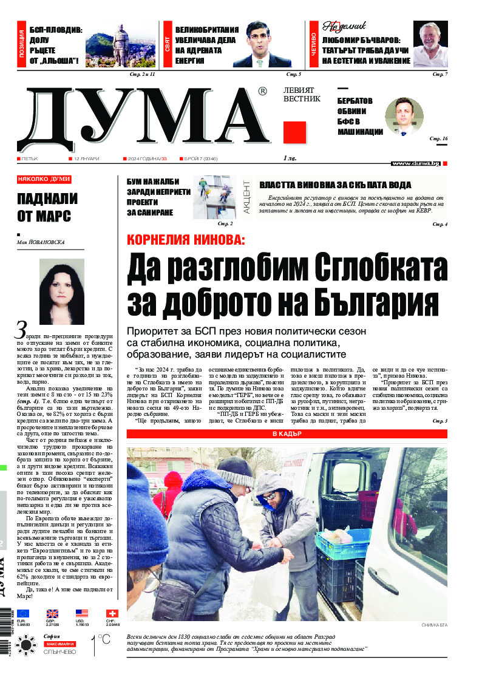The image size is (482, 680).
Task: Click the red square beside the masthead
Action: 294,132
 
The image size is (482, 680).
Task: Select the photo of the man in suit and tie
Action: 262,44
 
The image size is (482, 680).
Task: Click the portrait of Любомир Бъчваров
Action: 430,44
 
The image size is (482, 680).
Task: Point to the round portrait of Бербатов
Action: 404,116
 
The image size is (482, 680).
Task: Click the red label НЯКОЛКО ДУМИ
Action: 44,180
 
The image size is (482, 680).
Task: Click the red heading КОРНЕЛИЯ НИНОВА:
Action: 186,239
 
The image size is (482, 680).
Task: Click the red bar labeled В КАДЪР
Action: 287,434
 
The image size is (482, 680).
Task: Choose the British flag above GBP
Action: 52,613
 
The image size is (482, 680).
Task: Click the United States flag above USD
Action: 81,613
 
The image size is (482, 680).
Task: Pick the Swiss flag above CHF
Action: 112,613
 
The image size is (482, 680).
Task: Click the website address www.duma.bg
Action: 415,163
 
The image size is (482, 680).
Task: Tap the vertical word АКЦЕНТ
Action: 247,195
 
